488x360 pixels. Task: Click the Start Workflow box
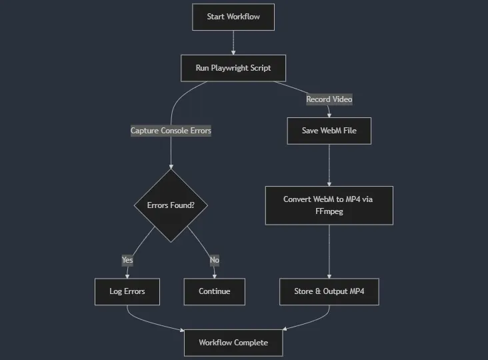pos(233,17)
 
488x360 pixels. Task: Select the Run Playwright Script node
pos(233,68)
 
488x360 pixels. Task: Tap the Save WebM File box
pos(329,131)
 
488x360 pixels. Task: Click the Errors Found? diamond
pos(171,205)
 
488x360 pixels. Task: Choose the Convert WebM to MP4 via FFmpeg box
pos(329,205)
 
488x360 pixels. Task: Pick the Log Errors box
pos(127,291)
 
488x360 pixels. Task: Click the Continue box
pos(214,291)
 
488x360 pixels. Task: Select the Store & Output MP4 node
pos(329,291)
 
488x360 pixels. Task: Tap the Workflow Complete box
pos(233,343)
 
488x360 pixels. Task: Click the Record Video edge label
pos(329,99)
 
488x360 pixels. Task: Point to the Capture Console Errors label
pos(171,131)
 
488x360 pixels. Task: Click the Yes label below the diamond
pos(127,260)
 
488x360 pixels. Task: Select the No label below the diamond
pos(214,260)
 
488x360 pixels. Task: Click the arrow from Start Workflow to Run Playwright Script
pos(233,42)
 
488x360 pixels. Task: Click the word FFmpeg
pos(329,211)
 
